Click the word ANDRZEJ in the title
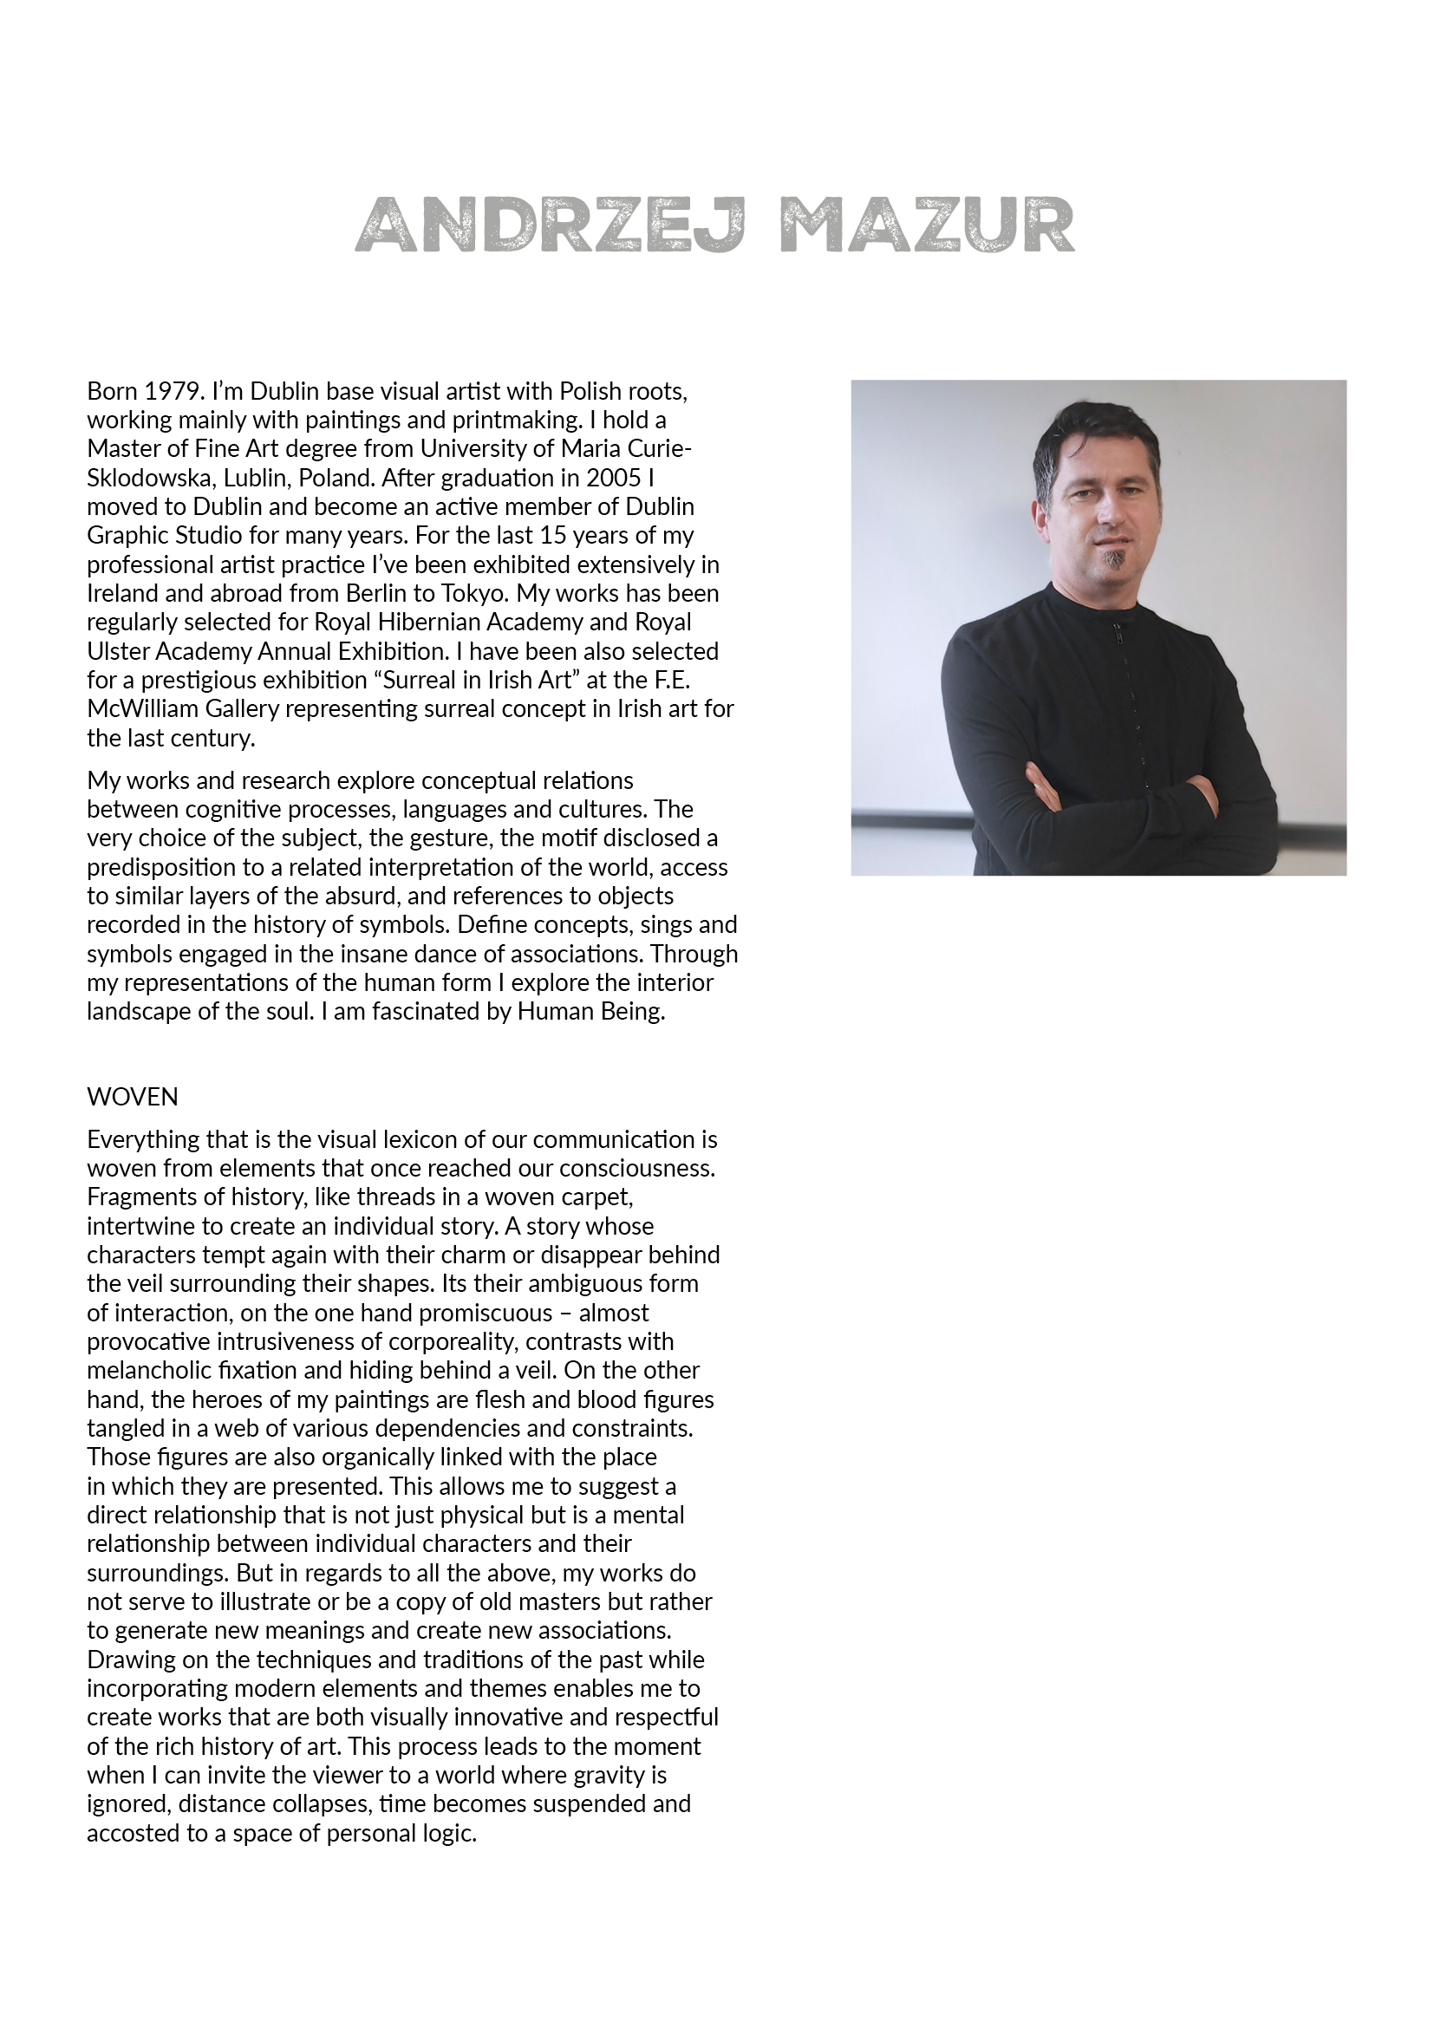pyautogui.click(x=551, y=225)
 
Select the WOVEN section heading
pyautogui.click(x=133, y=1097)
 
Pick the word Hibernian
pyautogui.click(x=428, y=623)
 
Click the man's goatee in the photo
pyautogui.click(x=1117, y=562)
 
